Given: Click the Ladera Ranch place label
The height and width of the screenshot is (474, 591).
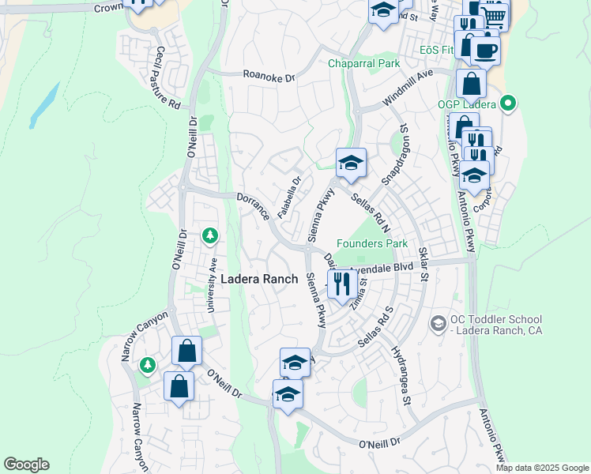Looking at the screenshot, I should (259, 279).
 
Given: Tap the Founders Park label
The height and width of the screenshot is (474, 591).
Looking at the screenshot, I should (371, 244).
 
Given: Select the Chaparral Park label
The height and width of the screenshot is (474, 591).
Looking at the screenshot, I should (365, 63).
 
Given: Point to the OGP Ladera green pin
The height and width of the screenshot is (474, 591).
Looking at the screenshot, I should (509, 103).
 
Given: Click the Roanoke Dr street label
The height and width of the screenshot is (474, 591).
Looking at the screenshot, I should (268, 77).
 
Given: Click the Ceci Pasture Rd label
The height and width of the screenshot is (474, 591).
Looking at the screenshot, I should (168, 77).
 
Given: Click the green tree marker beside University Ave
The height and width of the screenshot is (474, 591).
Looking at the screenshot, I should (209, 235).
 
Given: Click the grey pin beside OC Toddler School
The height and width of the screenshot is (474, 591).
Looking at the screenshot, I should (437, 323).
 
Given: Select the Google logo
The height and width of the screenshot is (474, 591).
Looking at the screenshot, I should (26, 465).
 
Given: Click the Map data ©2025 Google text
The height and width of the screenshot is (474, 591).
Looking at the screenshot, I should (542, 468).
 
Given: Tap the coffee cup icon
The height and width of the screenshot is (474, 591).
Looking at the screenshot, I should (484, 51).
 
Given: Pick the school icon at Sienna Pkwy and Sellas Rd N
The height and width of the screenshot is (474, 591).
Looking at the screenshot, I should (351, 164).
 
